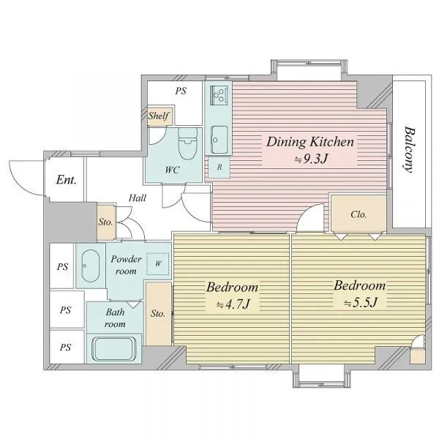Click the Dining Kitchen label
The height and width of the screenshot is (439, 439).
pos(310,142)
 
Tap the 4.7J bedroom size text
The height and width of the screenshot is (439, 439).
pos(233,304)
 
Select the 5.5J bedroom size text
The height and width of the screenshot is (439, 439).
pos(361,302)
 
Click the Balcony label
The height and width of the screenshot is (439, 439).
pos(409,150)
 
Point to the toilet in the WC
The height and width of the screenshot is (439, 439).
pos(188,143)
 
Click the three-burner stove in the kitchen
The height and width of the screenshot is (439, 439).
pos(219,94)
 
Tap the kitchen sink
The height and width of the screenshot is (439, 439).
pos(219,140)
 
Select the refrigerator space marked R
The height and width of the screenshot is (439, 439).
pos(219,167)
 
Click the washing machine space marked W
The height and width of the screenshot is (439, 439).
pos(158,263)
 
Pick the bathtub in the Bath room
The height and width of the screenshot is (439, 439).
pos(113,349)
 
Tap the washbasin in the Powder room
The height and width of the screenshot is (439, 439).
pos(91,266)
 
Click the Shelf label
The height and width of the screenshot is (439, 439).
pos(159,116)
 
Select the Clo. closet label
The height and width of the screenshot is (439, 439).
pos(359,214)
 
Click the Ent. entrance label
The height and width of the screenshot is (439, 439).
pos(66,180)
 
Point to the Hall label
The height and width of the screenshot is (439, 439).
pos(138,198)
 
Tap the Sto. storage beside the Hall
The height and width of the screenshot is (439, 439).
pos(106,222)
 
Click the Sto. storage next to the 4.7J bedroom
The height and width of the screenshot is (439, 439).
pos(158,314)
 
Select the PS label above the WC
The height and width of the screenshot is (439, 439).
pos(181,91)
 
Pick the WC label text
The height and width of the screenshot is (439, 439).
pos(172,170)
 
